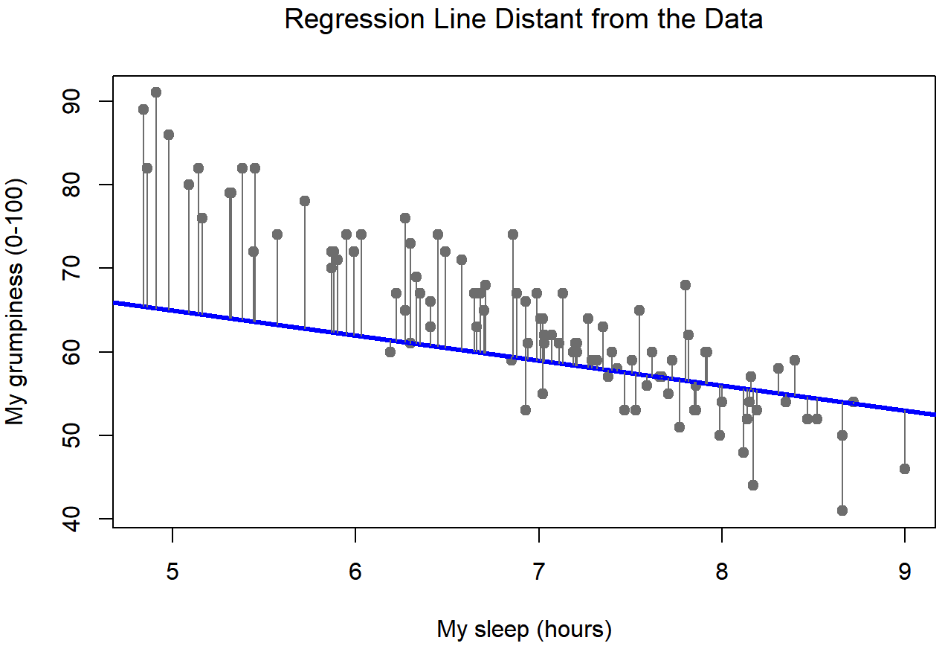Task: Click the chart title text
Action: [523, 19]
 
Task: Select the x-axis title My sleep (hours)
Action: [523, 630]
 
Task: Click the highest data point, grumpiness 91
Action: [156, 92]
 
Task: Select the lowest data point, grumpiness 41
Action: [842, 510]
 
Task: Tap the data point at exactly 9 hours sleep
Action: [904, 468]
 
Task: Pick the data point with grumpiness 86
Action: [169, 135]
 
